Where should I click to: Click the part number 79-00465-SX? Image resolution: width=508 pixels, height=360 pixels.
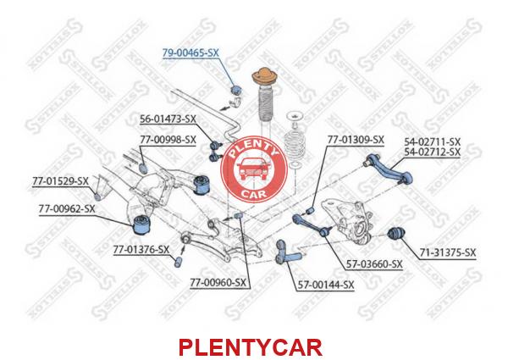[x=190, y=53]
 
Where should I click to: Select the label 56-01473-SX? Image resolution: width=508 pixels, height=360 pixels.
[x=168, y=119]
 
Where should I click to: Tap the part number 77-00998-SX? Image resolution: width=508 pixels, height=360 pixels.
[x=168, y=140]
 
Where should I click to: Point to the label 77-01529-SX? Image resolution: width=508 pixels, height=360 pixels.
[x=60, y=181]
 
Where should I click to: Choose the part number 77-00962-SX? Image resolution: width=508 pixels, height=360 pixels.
[x=67, y=209]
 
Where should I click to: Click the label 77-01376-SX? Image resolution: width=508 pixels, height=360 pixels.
[x=141, y=250]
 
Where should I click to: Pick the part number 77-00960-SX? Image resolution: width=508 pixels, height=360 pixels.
[x=218, y=283]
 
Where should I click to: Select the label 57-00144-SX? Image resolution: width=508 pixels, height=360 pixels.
[x=326, y=285]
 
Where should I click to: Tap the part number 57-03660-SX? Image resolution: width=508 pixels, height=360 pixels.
[x=374, y=264]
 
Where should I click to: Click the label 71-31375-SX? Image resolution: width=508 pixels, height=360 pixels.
[x=448, y=252]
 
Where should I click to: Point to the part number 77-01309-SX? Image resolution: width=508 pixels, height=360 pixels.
[x=356, y=140]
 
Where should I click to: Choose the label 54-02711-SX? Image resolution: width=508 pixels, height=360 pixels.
[x=432, y=141]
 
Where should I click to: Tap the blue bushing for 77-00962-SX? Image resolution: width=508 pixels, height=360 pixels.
[x=144, y=224]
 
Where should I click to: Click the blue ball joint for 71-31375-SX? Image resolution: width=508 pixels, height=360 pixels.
[x=397, y=233]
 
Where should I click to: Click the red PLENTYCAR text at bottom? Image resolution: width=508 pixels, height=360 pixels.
[x=251, y=347]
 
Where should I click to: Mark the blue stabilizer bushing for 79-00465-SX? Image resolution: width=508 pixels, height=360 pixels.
[x=237, y=90]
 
